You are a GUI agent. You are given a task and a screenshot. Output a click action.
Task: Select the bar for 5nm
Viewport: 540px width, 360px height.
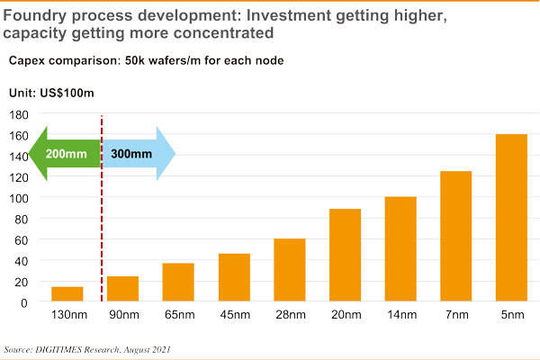click(512, 218)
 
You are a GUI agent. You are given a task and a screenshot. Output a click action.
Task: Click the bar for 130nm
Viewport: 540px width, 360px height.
click(67, 294)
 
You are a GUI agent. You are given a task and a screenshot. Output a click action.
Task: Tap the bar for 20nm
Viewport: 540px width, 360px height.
click(346, 256)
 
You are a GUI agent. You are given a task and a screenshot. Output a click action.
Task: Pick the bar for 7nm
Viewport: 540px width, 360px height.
click(456, 237)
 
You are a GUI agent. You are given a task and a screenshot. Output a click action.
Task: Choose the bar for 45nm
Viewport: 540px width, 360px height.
click(234, 278)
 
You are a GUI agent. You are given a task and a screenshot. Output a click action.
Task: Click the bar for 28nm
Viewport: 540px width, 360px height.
click(290, 270)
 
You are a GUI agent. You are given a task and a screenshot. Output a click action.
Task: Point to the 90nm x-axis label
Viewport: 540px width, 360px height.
click(123, 315)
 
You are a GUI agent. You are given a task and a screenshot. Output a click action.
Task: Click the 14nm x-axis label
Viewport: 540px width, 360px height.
click(401, 315)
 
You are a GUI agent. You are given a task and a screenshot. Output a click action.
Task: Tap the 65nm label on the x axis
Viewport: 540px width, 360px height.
click(178, 315)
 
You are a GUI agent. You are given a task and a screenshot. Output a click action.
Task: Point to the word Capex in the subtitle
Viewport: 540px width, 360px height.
click(29, 61)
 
